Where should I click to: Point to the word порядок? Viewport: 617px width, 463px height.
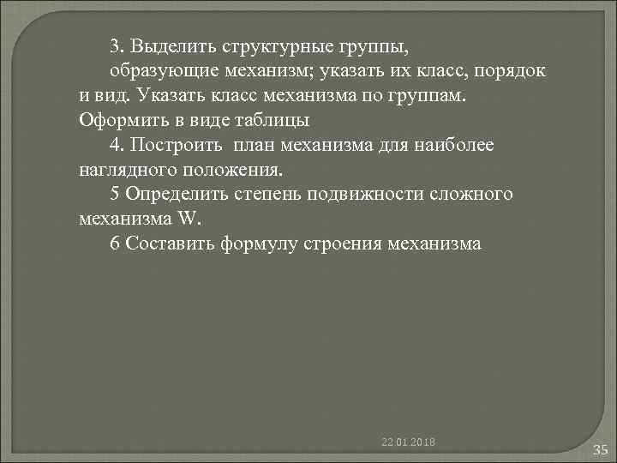click(x=509, y=69)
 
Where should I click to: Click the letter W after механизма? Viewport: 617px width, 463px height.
click(x=186, y=219)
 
